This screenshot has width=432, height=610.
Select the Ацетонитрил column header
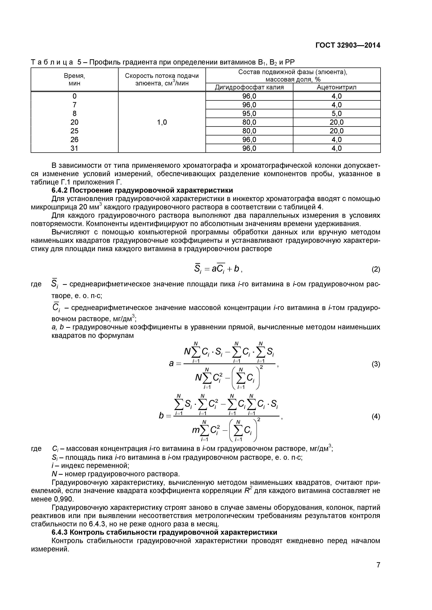pos(337,87)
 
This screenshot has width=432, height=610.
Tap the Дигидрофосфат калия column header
pos(249,87)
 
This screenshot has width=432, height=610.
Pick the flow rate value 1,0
pos(162,122)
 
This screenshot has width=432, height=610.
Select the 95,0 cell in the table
pos(249,113)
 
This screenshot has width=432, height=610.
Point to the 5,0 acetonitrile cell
pos(337,113)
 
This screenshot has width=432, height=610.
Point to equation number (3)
pos(376,364)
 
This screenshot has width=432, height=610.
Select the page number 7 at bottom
pos(378,572)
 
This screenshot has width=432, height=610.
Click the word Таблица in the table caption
pos(52,62)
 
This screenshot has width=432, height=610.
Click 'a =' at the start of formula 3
pos(174,363)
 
